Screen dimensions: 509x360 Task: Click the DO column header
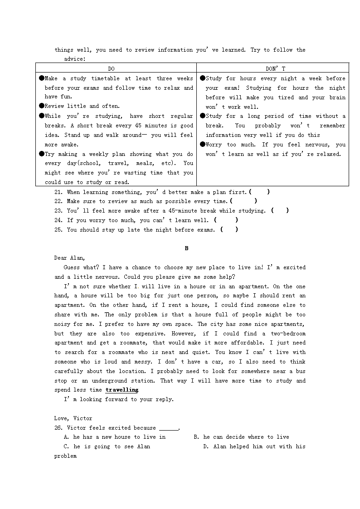(111, 68)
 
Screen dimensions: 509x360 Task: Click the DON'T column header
(276, 68)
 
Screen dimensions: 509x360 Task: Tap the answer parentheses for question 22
(243, 201)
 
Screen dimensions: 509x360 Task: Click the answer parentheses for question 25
(229, 230)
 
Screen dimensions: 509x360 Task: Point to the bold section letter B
(186, 248)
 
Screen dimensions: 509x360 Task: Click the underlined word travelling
(122, 390)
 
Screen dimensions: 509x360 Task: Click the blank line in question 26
(169, 428)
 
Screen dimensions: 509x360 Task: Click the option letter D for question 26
(205, 446)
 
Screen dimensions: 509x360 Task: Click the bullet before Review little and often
(41, 106)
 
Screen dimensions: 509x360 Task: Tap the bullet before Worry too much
(202, 145)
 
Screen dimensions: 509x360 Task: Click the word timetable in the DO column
(103, 78)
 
